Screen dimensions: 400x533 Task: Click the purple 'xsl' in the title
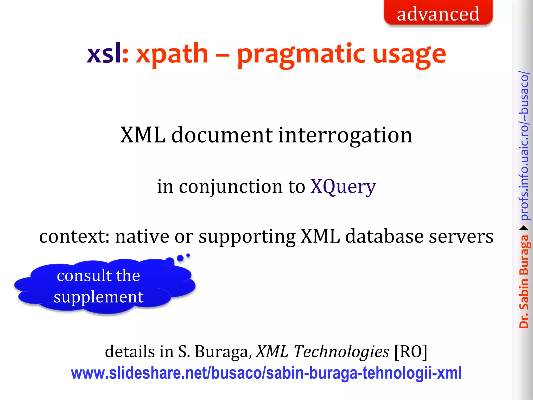(x=104, y=53)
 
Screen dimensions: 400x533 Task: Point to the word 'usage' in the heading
(x=409, y=55)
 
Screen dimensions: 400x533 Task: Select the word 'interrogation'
(x=345, y=135)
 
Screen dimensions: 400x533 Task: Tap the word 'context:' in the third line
(x=74, y=236)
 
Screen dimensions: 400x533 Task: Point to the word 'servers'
(x=461, y=236)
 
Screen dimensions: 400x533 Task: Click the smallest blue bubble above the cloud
(x=188, y=255)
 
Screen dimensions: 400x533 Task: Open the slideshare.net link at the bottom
(x=266, y=373)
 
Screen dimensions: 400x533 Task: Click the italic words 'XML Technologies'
(x=322, y=352)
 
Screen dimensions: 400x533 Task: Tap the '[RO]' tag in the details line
(x=411, y=352)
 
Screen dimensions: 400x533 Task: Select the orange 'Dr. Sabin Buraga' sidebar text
(x=524, y=281)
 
